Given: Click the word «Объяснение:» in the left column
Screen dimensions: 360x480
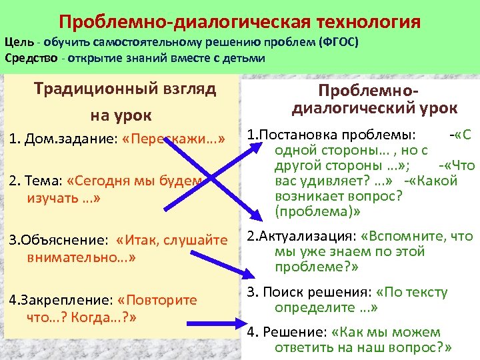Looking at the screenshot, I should click(58, 240).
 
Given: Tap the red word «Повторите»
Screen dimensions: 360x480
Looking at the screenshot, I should click(161, 299).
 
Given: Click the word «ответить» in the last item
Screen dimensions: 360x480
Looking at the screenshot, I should click(301, 347).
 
